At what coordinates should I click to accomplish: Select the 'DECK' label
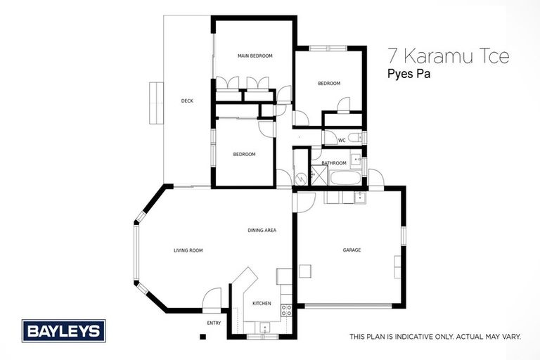click(x=187, y=101)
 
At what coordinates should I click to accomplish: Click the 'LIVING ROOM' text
click(x=188, y=250)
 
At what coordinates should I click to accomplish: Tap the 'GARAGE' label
click(x=352, y=250)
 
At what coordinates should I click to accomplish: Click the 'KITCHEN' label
click(x=262, y=303)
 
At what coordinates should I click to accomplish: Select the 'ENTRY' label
click(x=214, y=323)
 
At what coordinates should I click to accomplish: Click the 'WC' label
click(x=342, y=140)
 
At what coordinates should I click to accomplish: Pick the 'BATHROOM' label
click(x=334, y=163)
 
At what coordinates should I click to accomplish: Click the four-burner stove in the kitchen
click(x=286, y=309)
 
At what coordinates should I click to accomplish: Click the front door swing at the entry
click(x=211, y=299)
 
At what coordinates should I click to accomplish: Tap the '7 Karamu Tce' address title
click(x=449, y=57)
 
